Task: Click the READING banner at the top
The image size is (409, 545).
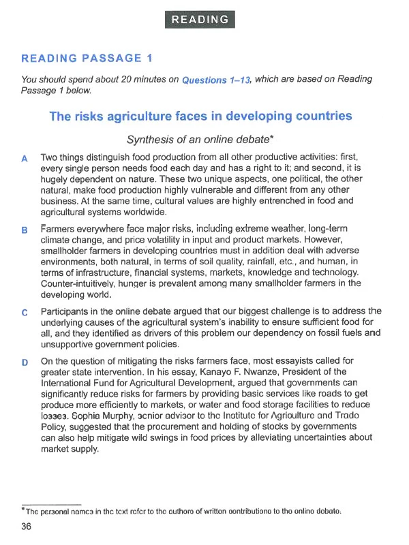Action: point(200,20)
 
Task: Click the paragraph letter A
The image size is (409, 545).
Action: point(25,159)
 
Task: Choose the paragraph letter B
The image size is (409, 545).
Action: point(25,230)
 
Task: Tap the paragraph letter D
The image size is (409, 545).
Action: point(25,362)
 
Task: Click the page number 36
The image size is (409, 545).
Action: point(27,526)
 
